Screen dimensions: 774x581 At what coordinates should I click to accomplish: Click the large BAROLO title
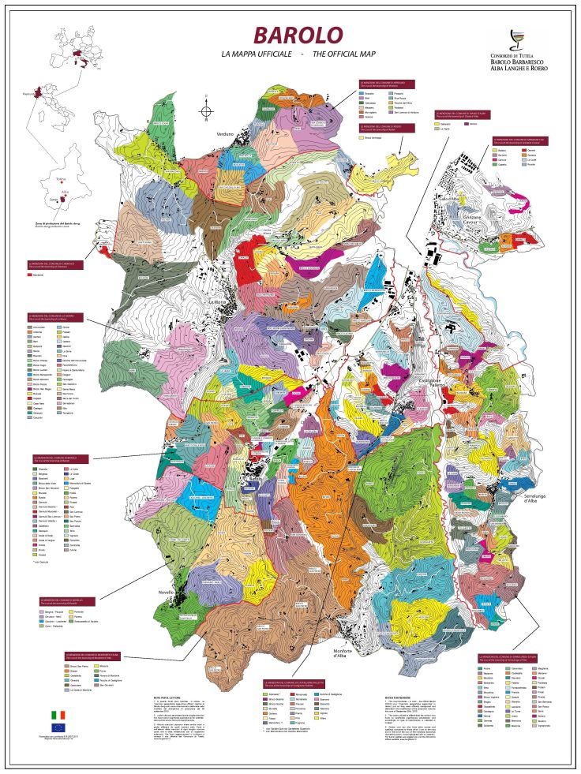click(298, 36)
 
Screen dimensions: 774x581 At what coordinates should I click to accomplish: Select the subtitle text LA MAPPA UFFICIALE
click(256, 54)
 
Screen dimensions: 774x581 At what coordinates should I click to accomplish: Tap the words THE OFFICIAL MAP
click(344, 54)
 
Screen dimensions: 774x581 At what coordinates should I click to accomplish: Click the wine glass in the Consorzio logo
click(516, 40)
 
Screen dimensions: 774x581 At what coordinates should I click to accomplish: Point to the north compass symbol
click(205, 110)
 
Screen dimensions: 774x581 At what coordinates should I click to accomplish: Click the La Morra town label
click(217, 303)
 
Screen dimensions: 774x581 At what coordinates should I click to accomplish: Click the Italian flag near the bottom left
click(58, 714)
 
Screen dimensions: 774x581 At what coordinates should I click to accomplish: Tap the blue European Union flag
click(58, 727)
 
